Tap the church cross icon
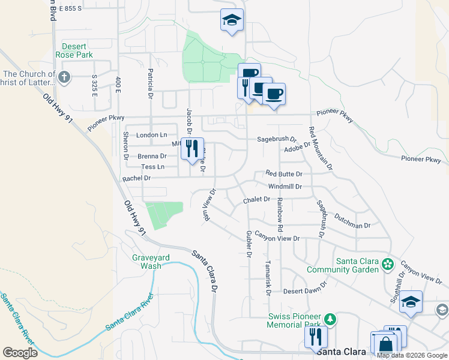(64, 77)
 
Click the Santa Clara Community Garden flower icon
(388, 263)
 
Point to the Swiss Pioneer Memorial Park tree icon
(330, 317)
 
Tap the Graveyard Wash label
(151, 262)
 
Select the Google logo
(20, 353)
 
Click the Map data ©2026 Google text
(412, 355)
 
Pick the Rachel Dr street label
(136, 178)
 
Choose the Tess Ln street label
(152, 167)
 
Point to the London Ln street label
(152, 135)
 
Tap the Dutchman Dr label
(353, 221)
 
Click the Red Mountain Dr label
(321, 147)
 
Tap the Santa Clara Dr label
(203, 271)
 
